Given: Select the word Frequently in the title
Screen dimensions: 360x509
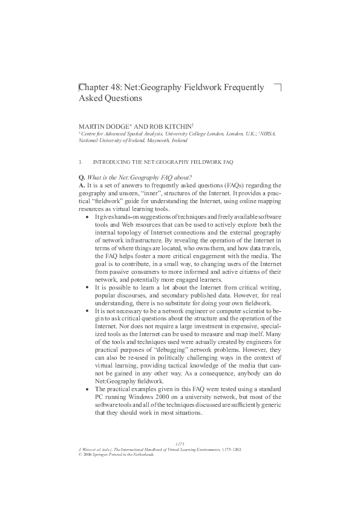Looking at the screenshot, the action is pos(241,88).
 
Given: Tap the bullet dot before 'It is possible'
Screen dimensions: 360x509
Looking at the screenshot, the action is pos(88,288).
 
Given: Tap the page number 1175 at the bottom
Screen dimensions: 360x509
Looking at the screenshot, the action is pos(180,444).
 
